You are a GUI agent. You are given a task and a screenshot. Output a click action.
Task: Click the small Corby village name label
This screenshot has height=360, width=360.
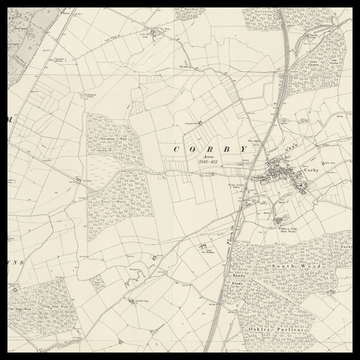[310, 172]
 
